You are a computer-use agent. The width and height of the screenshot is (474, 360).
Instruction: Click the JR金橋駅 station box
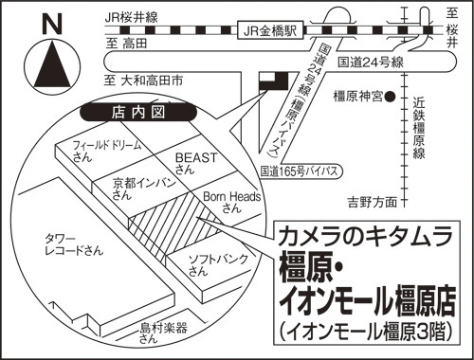coord(271,30)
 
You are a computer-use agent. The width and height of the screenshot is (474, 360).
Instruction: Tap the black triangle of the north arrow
coord(53,64)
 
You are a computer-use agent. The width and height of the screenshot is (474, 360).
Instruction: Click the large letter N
coord(52,24)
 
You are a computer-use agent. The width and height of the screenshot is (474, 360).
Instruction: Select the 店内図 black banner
coord(138,112)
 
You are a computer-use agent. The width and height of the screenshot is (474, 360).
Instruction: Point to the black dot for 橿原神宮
coord(391,97)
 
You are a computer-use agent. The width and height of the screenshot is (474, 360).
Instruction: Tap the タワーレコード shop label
coord(74,244)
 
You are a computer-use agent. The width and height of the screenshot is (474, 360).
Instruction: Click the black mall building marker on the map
coord(274,81)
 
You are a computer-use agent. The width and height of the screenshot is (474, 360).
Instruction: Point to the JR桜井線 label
coord(132,17)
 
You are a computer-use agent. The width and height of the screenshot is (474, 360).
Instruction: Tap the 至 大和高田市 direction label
coord(144,81)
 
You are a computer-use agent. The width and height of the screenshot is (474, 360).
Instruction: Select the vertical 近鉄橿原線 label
coord(419,128)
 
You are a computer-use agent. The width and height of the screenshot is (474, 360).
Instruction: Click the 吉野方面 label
coord(373,202)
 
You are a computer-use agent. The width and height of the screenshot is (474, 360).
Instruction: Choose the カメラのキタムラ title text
coord(365,237)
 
